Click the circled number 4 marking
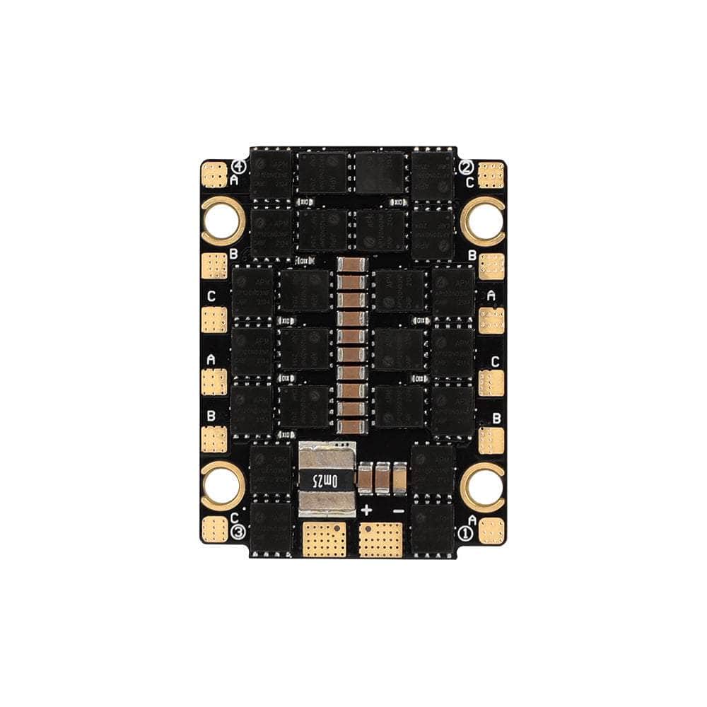239,168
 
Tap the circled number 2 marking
466,168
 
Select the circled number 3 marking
239,532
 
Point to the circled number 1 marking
466,532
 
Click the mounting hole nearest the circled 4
222,220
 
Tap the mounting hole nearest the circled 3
222,485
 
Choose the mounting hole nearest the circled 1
483,485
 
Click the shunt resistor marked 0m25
325,480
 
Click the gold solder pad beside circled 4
214,174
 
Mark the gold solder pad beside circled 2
491,174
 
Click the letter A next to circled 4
235,181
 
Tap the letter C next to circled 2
470,181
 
